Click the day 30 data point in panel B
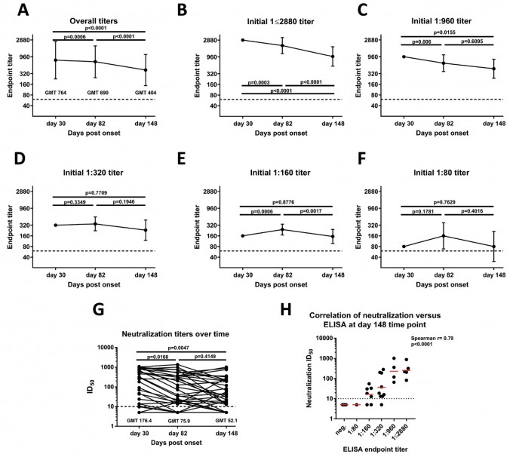(243, 40)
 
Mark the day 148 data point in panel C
(494, 69)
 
